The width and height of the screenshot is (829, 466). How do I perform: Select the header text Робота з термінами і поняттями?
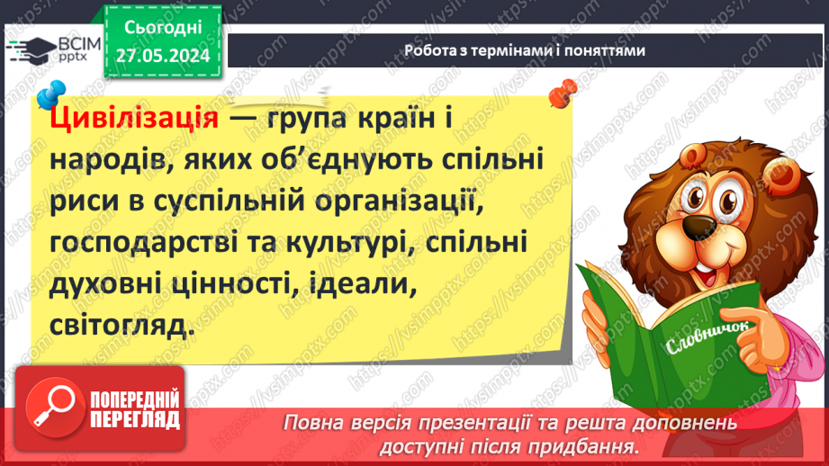coord(525,51)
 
